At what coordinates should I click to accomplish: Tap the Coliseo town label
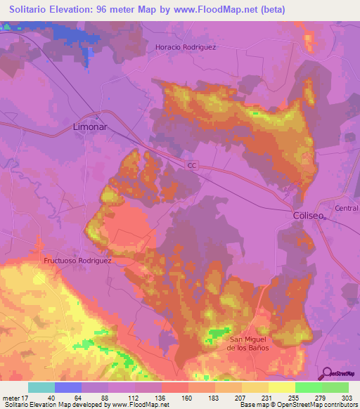[x=308, y=216]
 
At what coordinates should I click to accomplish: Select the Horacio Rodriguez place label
[x=185, y=47]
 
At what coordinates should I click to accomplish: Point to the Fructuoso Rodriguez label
[x=78, y=260]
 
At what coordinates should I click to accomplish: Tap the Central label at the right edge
[x=347, y=208]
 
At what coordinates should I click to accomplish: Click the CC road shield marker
[x=192, y=165]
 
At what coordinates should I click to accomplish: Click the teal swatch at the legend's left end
[x=41, y=387]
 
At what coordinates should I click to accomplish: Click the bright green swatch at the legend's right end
[x=335, y=387]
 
